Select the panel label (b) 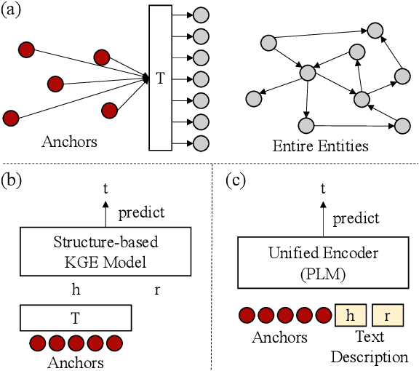(13, 179)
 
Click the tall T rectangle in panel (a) (161, 78)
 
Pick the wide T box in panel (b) (76, 318)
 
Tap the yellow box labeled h (350, 316)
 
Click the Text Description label (369, 348)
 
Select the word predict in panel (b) (140, 212)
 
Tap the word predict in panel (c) (356, 218)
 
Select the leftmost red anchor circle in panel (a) (10, 116)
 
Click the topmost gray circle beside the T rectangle (201, 15)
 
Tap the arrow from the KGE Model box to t (106, 212)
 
